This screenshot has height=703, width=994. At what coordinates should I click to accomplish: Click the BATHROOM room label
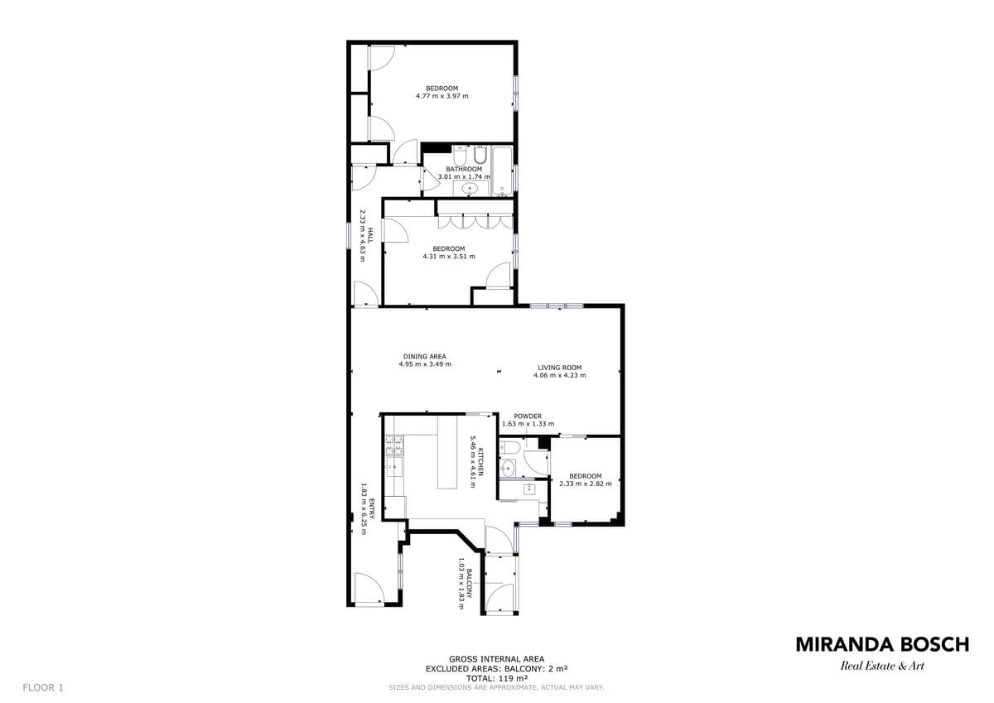tap(464, 169)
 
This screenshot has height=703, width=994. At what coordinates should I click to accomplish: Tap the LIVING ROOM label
tap(560, 368)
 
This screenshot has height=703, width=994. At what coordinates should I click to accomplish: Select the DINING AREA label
tap(425, 356)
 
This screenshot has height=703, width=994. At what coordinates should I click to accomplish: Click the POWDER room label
tap(528, 416)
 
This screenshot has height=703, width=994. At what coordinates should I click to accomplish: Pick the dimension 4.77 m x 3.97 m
tap(442, 96)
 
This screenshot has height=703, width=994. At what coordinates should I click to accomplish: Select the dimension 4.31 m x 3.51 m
tap(449, 257)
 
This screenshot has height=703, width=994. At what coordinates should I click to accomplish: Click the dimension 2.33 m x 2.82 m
tap(586, 484)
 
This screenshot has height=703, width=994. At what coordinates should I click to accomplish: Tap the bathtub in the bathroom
tap(502, 171)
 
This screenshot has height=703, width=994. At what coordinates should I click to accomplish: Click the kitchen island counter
tap(447, 452)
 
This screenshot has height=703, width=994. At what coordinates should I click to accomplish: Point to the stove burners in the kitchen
tap(394, 445)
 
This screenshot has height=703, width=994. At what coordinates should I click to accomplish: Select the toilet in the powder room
tap(508, 447)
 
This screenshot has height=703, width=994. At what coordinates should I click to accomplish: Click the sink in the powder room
tap(508, 468)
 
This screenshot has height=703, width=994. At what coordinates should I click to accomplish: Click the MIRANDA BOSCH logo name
tap(883, 644)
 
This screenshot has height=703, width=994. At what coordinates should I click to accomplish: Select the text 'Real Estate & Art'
tap(882, 665)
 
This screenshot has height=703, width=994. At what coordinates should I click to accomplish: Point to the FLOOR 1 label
tap(43, 687)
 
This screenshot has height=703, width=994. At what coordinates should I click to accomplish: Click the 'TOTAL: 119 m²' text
tap(496, 678)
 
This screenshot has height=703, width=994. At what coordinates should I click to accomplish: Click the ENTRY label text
tap(372, 508)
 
